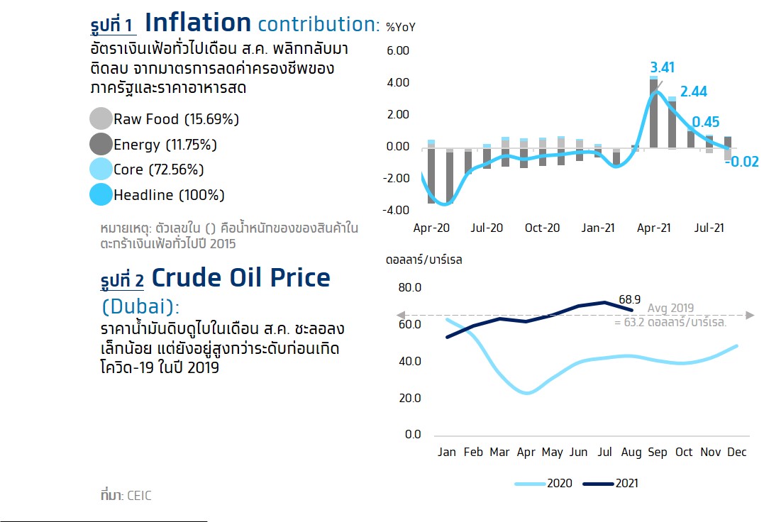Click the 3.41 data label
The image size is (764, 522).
click(x=662, y=67)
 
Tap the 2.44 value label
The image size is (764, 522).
click(x=693, y=91)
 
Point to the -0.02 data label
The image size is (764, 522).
click(x=742, y=162)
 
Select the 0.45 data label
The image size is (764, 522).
click(x=706, y=122)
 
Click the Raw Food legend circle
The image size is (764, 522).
click(x=101, y=119)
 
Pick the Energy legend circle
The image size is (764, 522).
click(x=101, y=144)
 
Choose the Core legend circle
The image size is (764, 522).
click(x=101, y=169)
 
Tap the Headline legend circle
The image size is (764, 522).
click(x=101, y=194)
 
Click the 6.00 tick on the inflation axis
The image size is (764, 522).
click(x=398, y=50)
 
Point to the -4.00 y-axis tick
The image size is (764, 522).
click(x=396, y=211)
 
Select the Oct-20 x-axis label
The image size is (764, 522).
click(x=542, y=228)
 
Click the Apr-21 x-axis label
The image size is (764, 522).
click(x=654, y=228)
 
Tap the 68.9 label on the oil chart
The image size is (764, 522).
click(x=629, y=299)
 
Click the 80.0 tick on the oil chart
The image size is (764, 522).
click(x=410, y=288)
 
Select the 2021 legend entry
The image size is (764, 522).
click(x=611, y=483)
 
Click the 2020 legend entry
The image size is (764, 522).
click(x=543, y=483)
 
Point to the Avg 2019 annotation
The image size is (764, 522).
click(x=670, y=308)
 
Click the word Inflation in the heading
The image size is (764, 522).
click(x=199, y=23)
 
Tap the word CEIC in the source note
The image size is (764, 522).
click(x=139, y=496)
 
